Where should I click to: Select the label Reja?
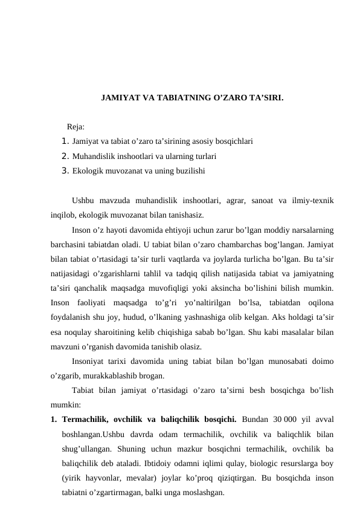point(76,127)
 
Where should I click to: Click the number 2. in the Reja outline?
point(66,157)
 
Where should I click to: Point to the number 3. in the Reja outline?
point(66,171)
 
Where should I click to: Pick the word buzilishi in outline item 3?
point(189,171)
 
